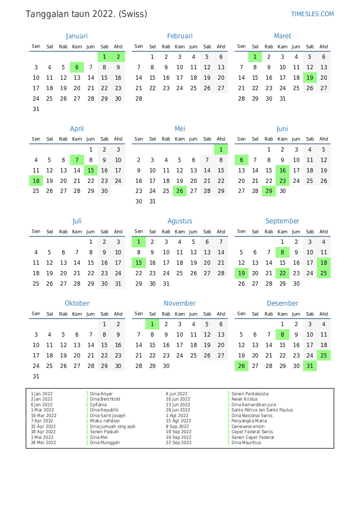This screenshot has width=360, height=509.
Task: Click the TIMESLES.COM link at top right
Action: tap(312, 14)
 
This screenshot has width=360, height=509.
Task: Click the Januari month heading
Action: tap(77, 36)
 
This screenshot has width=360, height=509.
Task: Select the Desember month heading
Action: tap(283, 303)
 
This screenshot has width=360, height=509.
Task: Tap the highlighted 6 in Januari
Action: tap(77, 67)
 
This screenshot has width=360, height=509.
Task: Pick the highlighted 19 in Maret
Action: tap(310, 78)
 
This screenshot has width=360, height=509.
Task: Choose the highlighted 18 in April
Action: tap(36, 181)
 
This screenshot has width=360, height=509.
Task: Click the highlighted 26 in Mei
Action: tap(180, 191)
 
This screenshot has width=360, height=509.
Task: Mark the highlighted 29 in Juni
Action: tap(269, 191)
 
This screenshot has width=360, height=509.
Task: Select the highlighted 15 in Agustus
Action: tap(139, 263)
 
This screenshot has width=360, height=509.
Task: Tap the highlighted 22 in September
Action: tap(283, 273)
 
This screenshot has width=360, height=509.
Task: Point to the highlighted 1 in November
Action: tap(152, 324)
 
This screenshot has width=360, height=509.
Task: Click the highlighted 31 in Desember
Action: tap(310, 366)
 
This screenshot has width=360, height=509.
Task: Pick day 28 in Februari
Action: tap(139, 98)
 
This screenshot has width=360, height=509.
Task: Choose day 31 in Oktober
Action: tap(36, 376)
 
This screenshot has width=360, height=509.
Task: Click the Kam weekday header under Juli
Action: tap(77, 232)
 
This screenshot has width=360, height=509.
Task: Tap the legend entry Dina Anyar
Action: tap(101, 394)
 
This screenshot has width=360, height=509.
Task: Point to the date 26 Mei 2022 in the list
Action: tap(44, 443)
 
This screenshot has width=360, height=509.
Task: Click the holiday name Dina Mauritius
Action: tap(246, 443)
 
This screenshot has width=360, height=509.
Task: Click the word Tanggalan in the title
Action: tap(46, 14)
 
